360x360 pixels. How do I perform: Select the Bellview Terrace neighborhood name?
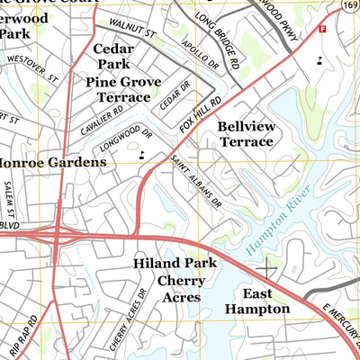[245, 134]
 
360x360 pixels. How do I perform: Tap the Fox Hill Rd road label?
[199, 116]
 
